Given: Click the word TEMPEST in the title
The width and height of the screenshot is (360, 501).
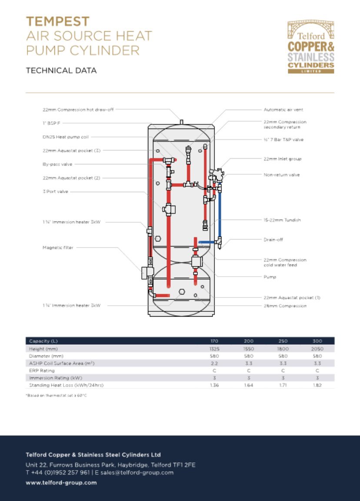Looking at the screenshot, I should (58, 21).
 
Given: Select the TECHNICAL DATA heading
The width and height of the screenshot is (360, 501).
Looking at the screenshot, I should (61, 70).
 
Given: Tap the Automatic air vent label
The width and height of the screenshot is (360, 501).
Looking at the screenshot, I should (283, 110).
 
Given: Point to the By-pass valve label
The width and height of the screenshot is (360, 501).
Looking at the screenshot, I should (57, 164).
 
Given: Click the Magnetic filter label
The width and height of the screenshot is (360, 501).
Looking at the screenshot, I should (58, 247).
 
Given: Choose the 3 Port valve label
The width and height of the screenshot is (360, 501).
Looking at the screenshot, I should (55, 191).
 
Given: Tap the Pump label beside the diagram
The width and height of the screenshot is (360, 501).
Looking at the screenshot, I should (270, 277).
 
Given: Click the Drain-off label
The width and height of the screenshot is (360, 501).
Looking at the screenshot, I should (273, 240).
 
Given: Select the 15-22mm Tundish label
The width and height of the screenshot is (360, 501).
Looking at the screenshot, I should (282, 220).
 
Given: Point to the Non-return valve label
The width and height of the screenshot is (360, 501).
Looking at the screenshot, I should (282, 175).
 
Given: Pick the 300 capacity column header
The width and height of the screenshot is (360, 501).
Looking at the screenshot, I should (317, 341).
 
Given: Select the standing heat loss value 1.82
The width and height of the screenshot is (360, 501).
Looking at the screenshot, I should (317, 385).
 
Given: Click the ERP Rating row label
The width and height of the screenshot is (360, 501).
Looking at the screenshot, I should (42, 371).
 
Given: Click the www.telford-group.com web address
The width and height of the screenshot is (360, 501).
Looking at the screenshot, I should (61, 482).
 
